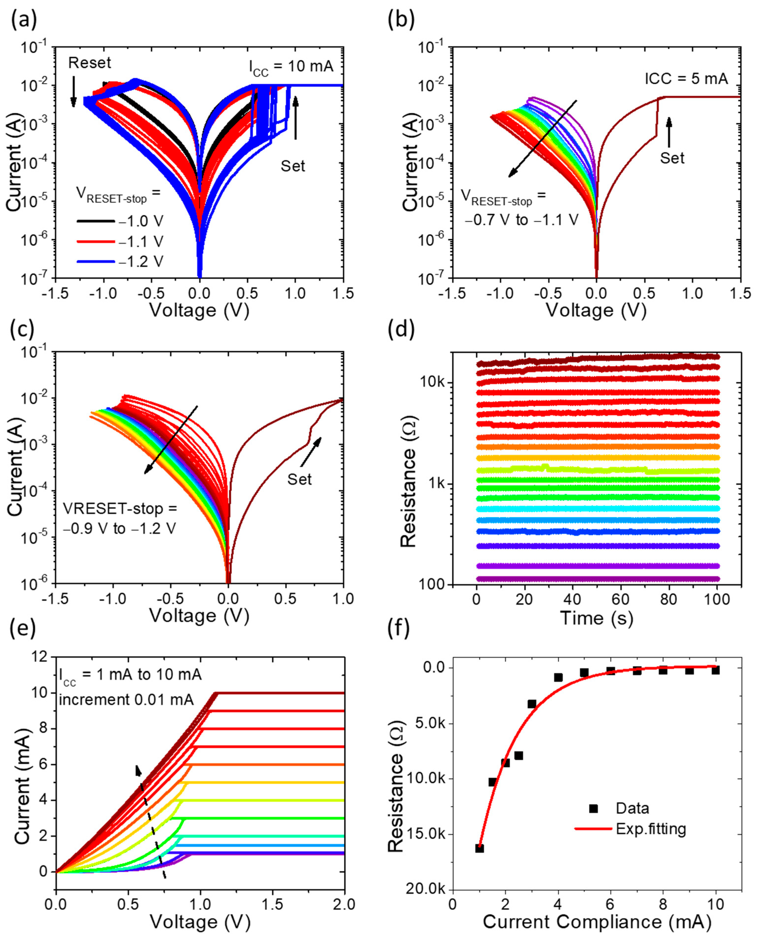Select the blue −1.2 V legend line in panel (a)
(x=96, y=262)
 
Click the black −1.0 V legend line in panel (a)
(x=96, y=221)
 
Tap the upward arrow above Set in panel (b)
(x=668, y=131)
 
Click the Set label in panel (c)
(x=299, y=479)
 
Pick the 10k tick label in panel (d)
(x=432, y=383)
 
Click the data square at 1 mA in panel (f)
(x=479, y=848)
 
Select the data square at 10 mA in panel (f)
(x=715, y=670)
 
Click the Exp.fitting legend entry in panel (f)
(x=651, y=829)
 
